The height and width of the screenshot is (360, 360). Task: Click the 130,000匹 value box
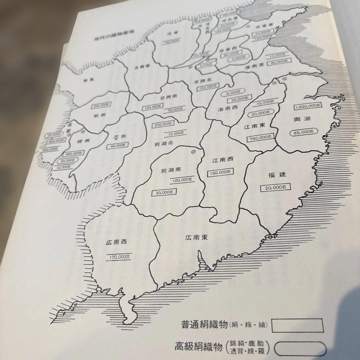[x=220, y=172]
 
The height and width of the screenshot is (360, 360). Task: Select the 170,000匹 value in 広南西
[x=119, y=257]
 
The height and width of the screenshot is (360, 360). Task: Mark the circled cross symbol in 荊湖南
[x=192, y=152]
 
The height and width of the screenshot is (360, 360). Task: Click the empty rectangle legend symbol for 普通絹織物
[x=297, y=325]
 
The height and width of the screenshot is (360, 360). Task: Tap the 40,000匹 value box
[x=116, y=146]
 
